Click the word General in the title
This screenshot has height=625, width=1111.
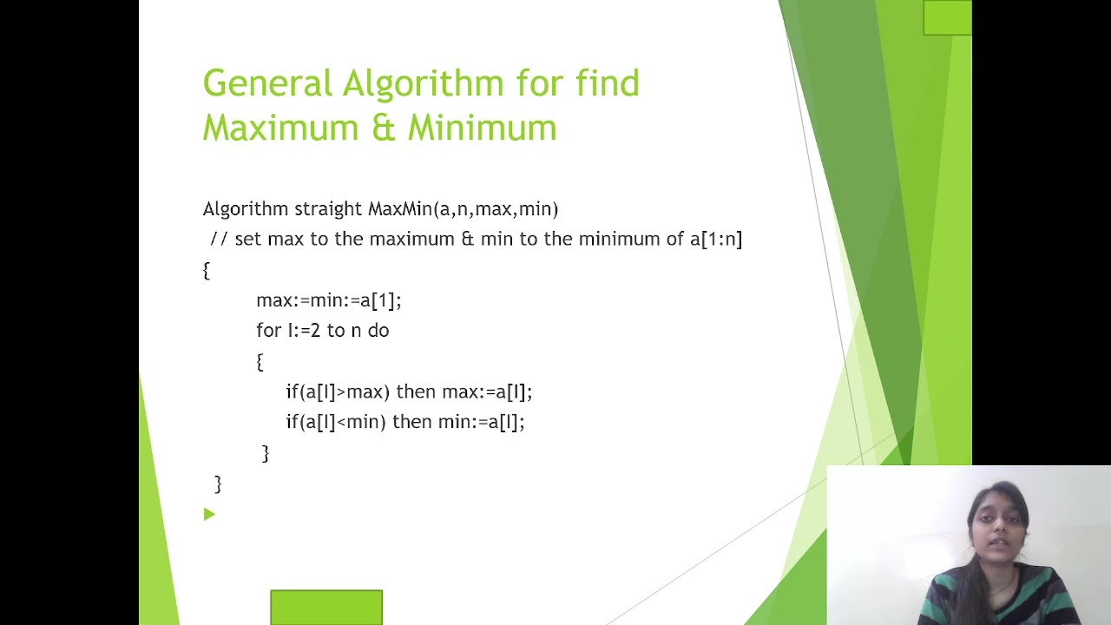(267, 84)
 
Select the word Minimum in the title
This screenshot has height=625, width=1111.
(482, 128)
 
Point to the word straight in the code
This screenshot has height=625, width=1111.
(328, 209)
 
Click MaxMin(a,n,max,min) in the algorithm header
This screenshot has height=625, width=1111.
(463, 209)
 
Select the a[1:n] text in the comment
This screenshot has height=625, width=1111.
(716, 239)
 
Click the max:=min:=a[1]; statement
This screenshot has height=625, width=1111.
(328, 300)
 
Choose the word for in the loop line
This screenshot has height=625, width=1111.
(268, 331)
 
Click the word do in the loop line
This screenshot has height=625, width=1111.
(378, 331)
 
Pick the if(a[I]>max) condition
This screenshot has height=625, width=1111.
(338, 391)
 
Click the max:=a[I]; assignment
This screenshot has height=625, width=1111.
(487, 391)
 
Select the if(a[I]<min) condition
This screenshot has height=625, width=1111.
(335, 422)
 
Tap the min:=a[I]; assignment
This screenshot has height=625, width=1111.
(481, 422)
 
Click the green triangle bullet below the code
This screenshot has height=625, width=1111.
(209, 515)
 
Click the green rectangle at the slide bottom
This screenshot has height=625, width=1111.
(326, 607)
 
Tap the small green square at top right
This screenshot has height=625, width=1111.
(947, 17)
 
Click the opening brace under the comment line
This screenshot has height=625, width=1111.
(207, 271)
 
